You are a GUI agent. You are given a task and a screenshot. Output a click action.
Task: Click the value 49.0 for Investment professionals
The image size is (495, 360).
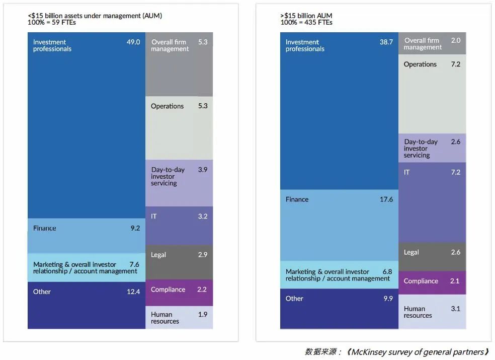point(133,42)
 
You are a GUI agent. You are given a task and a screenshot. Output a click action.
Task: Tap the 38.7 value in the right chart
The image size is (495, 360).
point(386,42)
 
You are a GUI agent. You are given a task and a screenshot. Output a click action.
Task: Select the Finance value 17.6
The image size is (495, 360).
point(386,199)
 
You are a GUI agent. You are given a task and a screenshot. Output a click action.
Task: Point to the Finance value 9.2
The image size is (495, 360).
point(135,228)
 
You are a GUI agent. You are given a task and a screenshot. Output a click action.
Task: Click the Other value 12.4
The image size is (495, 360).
point(133,292)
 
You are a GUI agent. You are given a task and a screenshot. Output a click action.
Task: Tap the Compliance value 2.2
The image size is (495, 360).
point(202,290)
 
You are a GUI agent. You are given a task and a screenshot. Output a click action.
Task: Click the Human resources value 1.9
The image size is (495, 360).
point(202,315)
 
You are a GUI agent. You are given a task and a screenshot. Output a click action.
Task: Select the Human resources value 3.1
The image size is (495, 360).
point(455,309)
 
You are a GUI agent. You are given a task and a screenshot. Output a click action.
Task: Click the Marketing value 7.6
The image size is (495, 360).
point(134,264)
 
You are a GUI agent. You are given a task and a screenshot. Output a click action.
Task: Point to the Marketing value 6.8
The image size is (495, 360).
point(387,272)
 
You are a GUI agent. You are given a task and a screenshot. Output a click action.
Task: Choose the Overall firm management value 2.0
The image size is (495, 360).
point(455,40)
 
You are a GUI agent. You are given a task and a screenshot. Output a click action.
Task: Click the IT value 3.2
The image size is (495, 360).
point(202,217)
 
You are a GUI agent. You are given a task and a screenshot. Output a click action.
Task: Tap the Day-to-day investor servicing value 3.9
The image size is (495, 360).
point(202,170)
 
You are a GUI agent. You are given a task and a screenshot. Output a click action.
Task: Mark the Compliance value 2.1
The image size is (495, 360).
point(455,281)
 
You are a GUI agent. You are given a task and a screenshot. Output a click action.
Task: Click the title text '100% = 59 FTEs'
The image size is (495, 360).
point(52,23)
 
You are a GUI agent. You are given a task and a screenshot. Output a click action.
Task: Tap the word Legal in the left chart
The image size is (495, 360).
point(158,255)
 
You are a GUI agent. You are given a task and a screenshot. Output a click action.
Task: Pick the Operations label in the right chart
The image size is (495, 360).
point(420,64)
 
